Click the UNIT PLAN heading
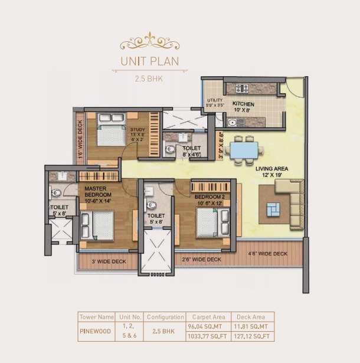[150, 61]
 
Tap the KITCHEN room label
[243, 104]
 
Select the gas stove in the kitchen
[242, 89]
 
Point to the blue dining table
[244, 151]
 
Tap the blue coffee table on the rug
[273, 210]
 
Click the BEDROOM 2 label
[210, 197]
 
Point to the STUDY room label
[138, 130]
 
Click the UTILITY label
[215, 100]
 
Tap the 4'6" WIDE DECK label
[267, 254]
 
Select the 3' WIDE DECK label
[109, 261]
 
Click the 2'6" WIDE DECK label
[201, 260]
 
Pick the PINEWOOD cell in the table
[95, 331]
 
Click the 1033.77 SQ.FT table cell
[207, 336]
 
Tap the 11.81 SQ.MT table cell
[251, 326]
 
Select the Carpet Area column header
[208, 317]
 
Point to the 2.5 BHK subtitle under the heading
[149, 79]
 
